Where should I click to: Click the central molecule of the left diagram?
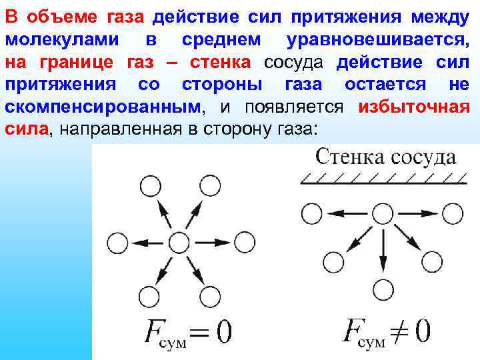point(178,241)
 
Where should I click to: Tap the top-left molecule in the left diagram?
point(147,187)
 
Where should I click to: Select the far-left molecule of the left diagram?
point(117,243)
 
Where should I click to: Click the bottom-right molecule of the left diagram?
point(211,295)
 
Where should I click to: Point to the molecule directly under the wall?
point(382,213)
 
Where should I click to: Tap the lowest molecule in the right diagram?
point(382,290)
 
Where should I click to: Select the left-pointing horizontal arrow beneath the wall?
point(347,213)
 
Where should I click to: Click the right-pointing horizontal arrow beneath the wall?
point(418,213)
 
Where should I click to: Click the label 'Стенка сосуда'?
point(385,157)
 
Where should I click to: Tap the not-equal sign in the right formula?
point(401,331)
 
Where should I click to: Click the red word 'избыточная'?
point(413,107)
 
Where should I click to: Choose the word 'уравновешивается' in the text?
point(377,40)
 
